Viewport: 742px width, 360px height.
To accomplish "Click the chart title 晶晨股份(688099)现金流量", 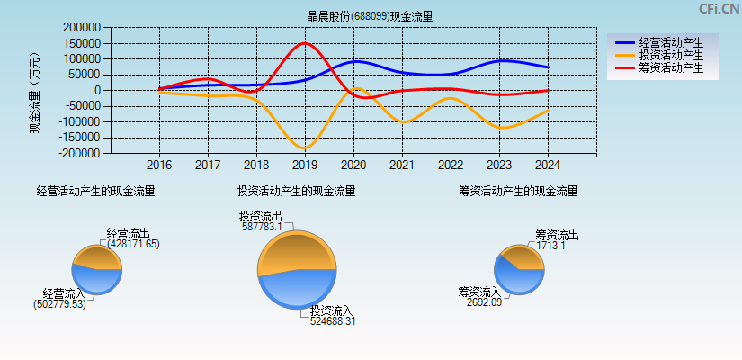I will coord(370,16).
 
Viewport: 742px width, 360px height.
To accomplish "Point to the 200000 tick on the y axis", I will coord(80,28).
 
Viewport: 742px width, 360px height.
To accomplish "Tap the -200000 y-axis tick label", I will coord(78,153).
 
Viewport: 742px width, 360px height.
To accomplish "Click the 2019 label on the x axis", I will coord(305,166).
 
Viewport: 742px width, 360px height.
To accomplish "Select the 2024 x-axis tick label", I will coord(548,166).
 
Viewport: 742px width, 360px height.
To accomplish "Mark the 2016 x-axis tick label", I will coord(159,166).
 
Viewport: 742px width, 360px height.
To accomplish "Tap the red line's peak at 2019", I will coord(305,43).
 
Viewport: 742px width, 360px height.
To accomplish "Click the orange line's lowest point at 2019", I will coord(305,148).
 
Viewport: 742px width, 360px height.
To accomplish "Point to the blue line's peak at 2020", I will coord(354,61).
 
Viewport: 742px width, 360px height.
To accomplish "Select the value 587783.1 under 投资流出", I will coord(262,227).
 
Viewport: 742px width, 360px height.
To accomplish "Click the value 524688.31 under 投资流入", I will coord(333,321).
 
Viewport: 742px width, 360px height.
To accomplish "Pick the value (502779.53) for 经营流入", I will coord(59,304).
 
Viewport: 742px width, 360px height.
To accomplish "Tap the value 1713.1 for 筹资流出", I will coord(551,246).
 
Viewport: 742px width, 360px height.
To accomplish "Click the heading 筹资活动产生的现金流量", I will coord(517,191).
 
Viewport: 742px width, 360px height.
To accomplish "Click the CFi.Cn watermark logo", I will coord(719,9).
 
